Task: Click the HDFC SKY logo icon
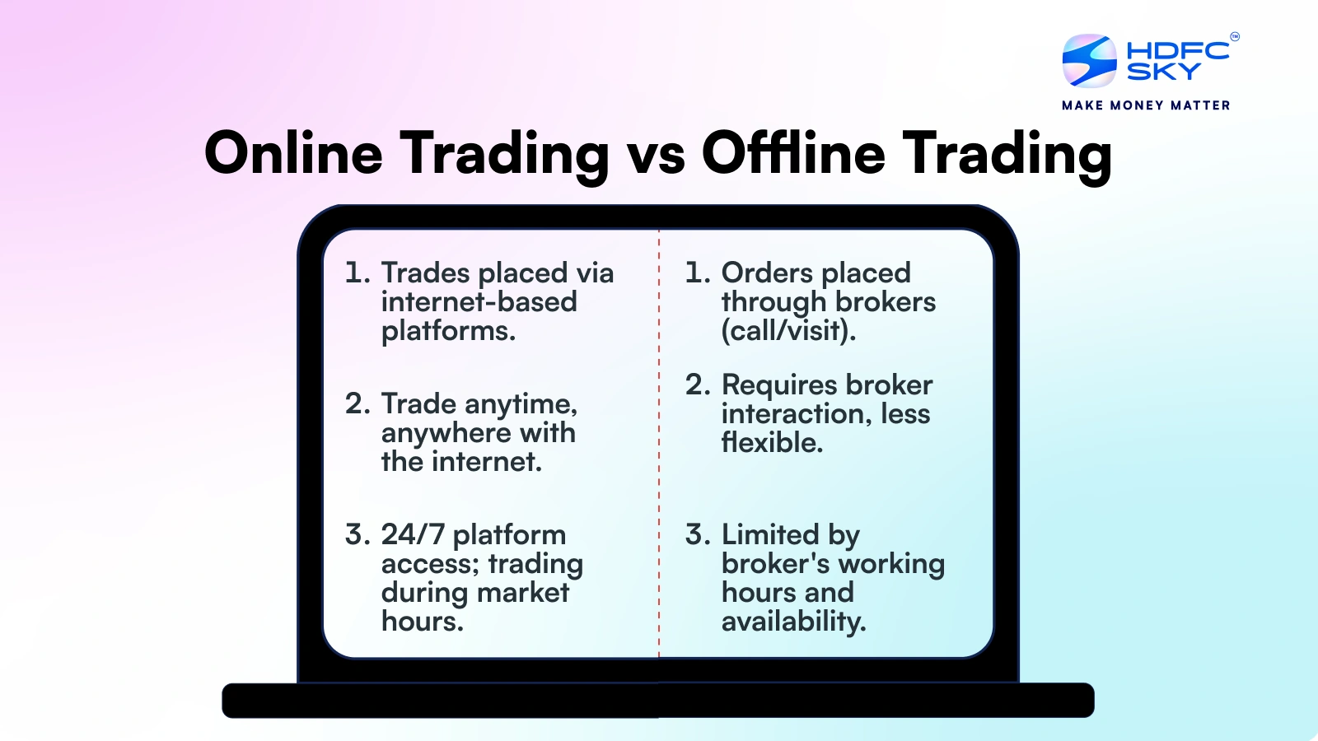point(1089,60)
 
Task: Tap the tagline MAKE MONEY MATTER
point(1146,105)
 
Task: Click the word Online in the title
point(293,153)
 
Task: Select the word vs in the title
point(656,155)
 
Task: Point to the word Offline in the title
point(792,153)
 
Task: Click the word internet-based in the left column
point(479,302)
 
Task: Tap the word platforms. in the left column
point(448,331)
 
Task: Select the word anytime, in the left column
point(521,405)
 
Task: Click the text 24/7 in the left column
point(413,535)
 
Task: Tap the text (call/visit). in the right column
point(788,331)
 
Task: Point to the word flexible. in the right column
point(772,443)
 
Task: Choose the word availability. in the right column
point(793,622)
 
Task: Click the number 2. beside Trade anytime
point(358,404)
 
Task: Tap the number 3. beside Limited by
point(698,535)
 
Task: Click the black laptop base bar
point(657,701)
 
